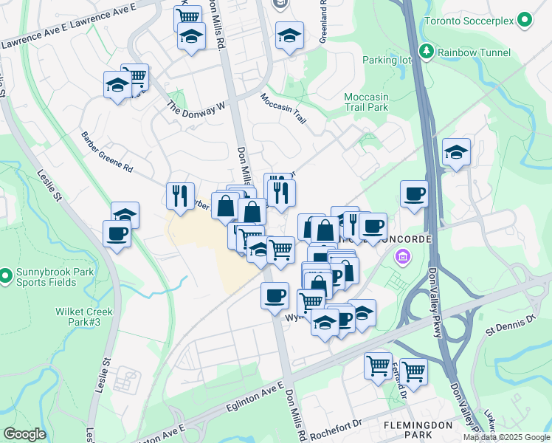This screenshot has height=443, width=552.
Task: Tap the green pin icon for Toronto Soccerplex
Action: coord(525,20)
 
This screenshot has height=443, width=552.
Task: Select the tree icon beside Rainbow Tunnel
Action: coord(426,52)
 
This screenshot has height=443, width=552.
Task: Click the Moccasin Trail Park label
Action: coord(366,102)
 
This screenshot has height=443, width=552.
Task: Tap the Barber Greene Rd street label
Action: coord(107,152)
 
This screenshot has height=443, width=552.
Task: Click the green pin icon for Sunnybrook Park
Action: coord(5,277)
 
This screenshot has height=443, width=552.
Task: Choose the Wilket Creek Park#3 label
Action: coord(83,316)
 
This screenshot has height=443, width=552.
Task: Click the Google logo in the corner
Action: coord(24,434)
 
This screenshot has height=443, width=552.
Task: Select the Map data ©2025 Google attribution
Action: coord(506,437)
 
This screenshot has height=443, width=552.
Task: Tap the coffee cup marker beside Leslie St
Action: coord(117,236)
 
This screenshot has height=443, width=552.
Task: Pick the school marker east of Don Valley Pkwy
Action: coord(456,153)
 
